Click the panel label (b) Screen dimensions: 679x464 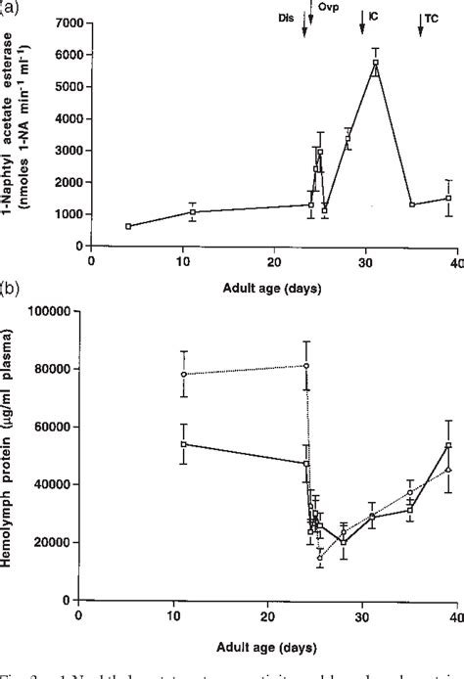12,290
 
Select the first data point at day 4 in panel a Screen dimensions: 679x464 128,226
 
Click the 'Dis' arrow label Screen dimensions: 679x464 285,18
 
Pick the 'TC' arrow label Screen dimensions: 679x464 431,18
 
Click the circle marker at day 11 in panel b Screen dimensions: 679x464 183,375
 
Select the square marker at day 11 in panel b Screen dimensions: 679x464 183,444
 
